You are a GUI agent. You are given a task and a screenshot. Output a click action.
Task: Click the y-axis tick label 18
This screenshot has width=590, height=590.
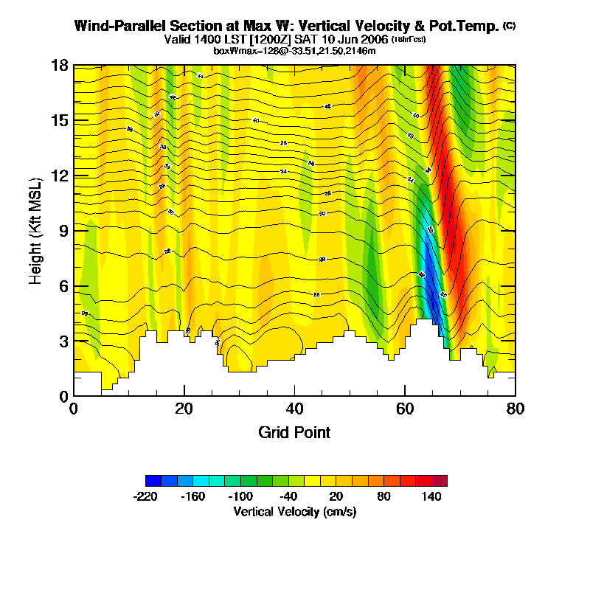[60, 66]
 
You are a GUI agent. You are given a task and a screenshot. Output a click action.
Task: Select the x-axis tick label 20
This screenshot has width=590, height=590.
[184, 409]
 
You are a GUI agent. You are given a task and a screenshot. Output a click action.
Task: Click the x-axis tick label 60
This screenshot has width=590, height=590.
[405, 409]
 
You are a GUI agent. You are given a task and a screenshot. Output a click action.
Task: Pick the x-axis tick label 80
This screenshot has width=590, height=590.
[516, 409]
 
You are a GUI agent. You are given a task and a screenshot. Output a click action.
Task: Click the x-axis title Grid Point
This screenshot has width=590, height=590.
[294, 432]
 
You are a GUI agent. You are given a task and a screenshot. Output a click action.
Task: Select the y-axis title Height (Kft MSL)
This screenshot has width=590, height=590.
[35, 231]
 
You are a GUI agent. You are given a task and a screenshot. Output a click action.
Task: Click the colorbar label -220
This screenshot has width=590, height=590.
[145, 496]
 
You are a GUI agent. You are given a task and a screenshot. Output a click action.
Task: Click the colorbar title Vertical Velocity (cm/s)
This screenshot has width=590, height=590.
[295, 511]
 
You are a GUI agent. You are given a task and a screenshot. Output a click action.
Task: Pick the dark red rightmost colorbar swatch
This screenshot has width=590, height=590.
[439, 481]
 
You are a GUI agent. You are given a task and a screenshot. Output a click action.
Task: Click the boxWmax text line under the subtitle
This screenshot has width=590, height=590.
[295, 50]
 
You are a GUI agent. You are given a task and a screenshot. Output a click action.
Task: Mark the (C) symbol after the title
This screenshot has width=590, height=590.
[509, 25]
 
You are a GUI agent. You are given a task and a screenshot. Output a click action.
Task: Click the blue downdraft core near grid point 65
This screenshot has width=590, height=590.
[430, 273]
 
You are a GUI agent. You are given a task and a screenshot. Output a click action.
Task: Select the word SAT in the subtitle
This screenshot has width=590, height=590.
[307, 39]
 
